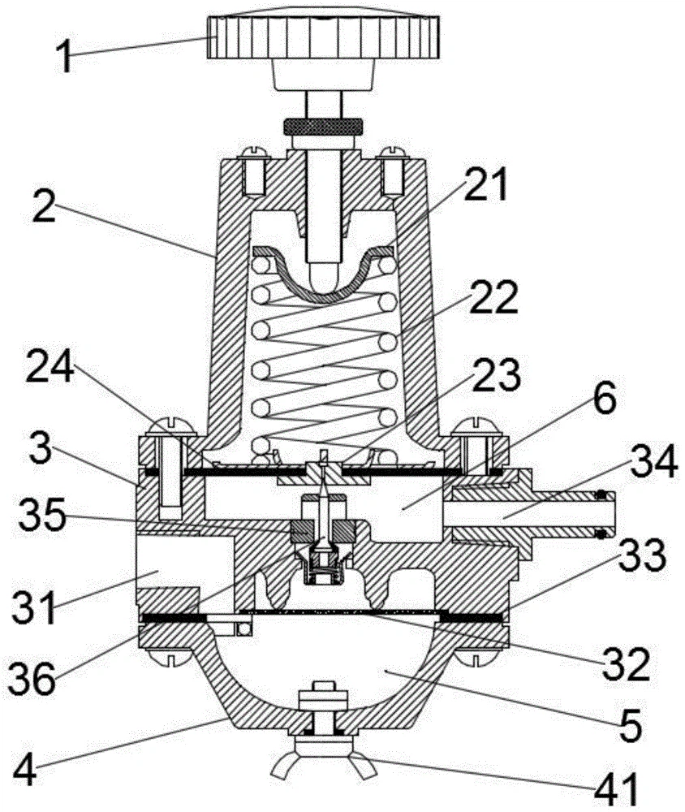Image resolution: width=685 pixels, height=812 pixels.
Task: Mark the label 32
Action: (626, 666)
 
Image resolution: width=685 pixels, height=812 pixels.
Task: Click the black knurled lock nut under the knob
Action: (323, 126)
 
